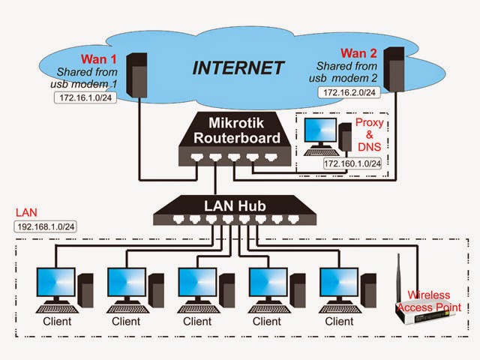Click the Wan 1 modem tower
pos(136,75)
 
